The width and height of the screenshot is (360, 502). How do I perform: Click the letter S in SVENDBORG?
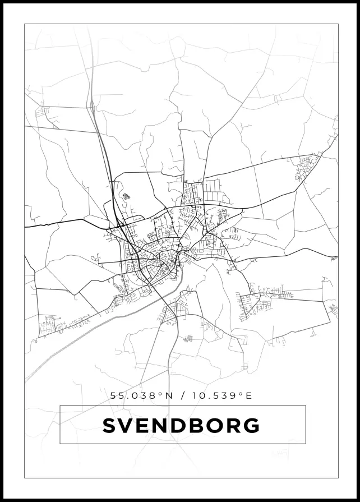point(109,426)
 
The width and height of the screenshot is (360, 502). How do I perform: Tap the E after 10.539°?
point(250,395)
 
